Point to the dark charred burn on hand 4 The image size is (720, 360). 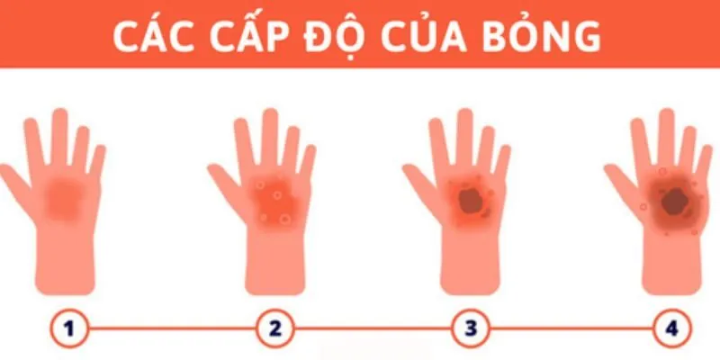click(669, 202)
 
